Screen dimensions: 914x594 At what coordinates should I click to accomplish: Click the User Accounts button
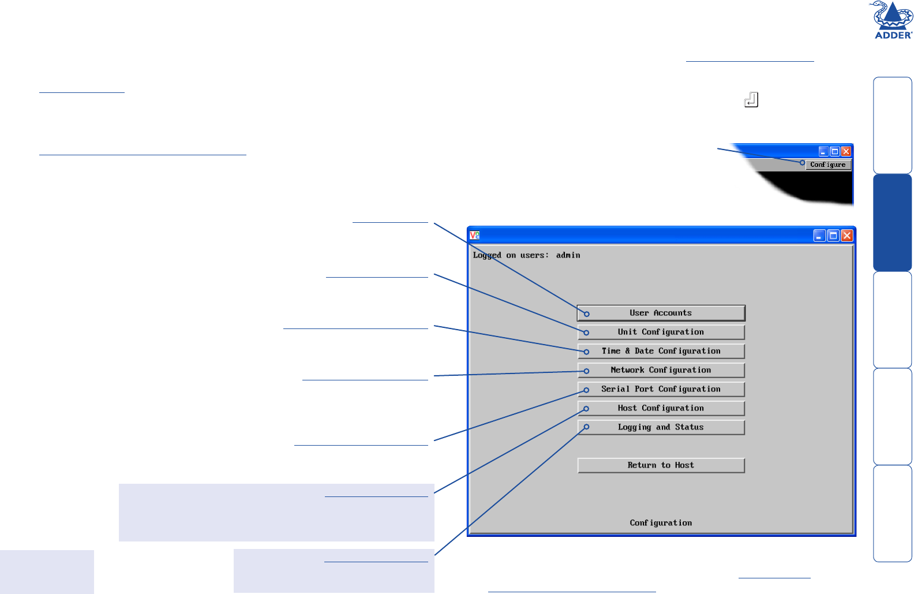pos(661,313)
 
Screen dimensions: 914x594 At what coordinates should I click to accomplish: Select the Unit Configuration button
pos(661,332)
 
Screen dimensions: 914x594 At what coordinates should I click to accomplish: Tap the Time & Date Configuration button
pos(661,351)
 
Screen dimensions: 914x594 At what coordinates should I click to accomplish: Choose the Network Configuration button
pos(661,370)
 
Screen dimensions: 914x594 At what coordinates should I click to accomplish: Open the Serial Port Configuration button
pos(661,389)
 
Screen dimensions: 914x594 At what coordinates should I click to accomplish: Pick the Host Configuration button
pos(661,408)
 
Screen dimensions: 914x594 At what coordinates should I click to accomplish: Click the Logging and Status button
pos(661,427)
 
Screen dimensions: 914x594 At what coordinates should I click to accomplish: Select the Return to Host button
pos(661,465)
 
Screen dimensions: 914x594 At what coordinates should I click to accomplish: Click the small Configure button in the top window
pos(828,165)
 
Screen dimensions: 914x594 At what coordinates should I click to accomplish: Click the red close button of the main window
pos(846,236)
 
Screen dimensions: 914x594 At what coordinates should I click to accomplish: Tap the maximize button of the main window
pos(833,236)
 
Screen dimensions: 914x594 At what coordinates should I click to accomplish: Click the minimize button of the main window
pos(819,236)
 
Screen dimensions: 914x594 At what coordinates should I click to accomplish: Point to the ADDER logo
pos(893,20)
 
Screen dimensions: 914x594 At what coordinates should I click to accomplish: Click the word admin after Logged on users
pos(568,255)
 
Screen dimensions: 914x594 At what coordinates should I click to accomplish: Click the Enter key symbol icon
pos(751,100)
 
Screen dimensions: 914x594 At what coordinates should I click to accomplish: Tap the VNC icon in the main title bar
pos(474,236)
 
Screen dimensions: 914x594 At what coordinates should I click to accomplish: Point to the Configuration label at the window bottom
pos(661,523)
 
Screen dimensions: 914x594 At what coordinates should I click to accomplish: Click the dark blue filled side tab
pos(892,223)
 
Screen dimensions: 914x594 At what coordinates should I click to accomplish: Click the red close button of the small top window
pos(846,151)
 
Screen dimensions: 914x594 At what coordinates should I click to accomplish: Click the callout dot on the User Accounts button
pos(587,314)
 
